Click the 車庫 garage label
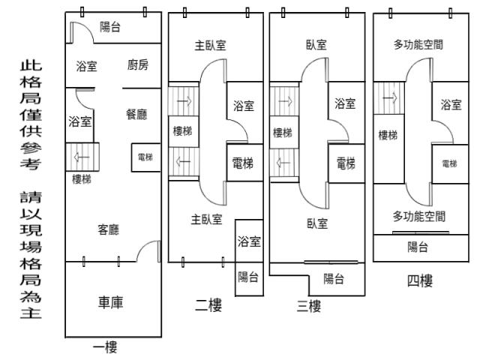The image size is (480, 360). pyautogui.click(x=111, y=302)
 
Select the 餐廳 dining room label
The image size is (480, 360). pyautogui.click(x=136, y=114)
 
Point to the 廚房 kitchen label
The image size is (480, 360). pyautogui.click(x=138, y=65)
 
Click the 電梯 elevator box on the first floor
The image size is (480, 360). pyautogui.click(x=145, y=157)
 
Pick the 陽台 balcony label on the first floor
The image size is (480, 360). pyautogui.click(x=111, y=27)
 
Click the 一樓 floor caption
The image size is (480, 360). pyautogui.click(x=104, y=346)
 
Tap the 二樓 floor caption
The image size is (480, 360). pyautogui.click(x=208, y=304)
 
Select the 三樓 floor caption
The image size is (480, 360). pyautogui.click(x=308, y=305)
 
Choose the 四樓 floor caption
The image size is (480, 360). pyautogui.click(x=419, y=280)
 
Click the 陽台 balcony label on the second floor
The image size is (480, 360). pyautogui.click(x=248, y=277)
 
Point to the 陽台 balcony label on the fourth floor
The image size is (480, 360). pyautogui.click(x=418, y=247)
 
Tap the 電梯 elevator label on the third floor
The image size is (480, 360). pyautogui.click(x=346, y=162)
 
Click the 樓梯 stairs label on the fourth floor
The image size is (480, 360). pyautogui.click(x=388, y=135)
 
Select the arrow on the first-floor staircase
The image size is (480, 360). pyautogui.click(x=82, y=157)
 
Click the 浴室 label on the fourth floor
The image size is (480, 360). pyautogui.click(x=451, y=104)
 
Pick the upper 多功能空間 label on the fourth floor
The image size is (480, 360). pyautogui.click(x=418, y=45)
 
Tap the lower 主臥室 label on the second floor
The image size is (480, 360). pyautogui.click(x=206, y=219)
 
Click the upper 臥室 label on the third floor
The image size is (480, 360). pyautogui.click(x=316, y=45)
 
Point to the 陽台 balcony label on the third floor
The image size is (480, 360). pyautogui.click(x=334, y=279)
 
